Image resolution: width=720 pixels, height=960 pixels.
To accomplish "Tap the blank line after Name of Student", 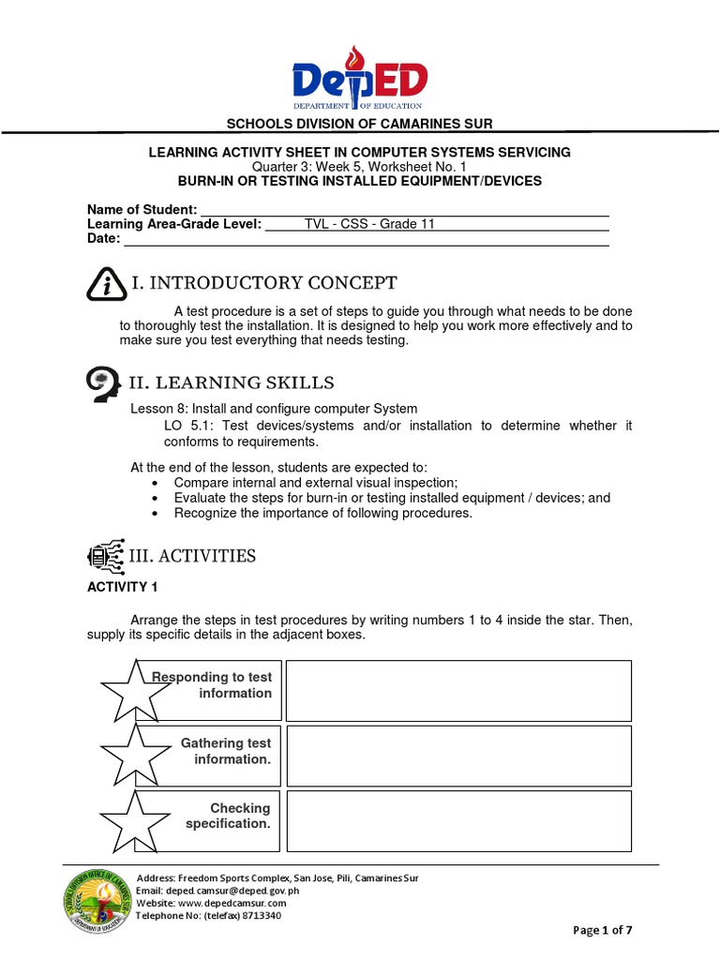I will [404, 209].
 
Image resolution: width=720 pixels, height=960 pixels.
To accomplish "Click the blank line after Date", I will [367, 239].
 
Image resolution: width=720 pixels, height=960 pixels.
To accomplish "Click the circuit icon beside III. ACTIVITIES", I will [104, 557].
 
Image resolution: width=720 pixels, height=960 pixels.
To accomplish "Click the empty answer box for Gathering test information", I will [458, 756].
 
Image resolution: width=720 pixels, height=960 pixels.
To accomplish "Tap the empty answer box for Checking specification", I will [458, 820].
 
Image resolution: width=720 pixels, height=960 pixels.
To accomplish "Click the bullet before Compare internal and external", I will [154, 483].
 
